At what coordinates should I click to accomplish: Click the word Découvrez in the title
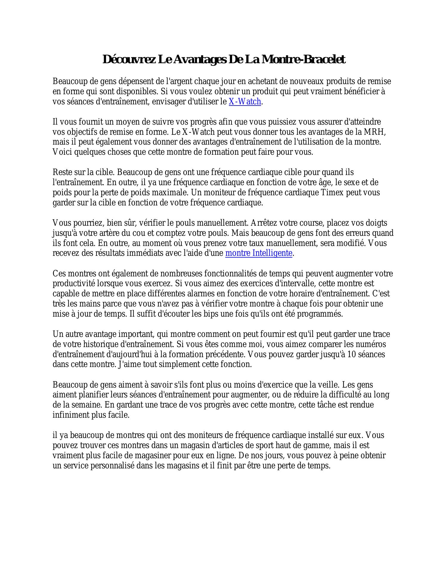(129, 59)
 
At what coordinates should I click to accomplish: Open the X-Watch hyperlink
(245, 102)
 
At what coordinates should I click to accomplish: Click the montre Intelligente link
(259, 253)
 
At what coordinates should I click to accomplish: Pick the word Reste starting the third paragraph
(61, 172)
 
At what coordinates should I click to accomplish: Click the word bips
(211, 314)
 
